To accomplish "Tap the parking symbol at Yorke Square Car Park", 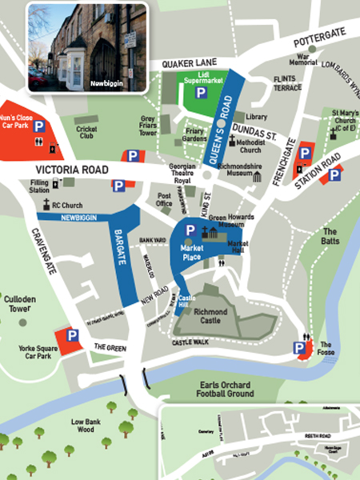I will (x=71, y=335).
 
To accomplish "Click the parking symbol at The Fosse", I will (x=300, y=348).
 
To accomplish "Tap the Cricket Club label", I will (x=86, y=132).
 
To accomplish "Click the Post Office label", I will (x=164, y=199).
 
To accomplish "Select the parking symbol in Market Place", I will (x=190, y=230).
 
